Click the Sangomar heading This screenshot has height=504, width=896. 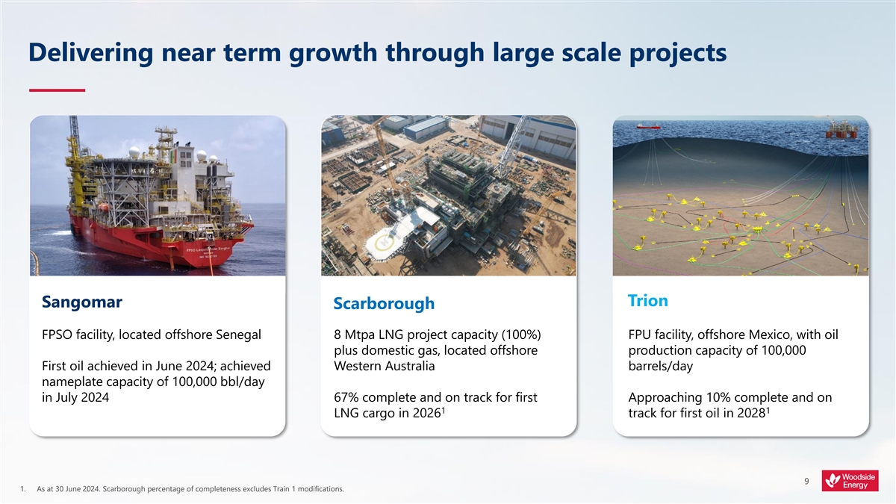(x=82, y=302)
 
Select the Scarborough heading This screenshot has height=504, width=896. (x=384, y=304)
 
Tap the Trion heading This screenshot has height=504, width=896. (x=648, y=300)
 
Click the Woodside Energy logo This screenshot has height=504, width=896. (x=850, y=480)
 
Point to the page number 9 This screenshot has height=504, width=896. (x=806, y=481)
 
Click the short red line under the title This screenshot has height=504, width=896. (x=57, y=90)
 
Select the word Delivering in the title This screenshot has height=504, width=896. (x=91, y=53)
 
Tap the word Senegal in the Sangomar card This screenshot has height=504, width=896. (x=238, y=335)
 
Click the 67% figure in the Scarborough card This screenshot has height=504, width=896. (x=346, y=397)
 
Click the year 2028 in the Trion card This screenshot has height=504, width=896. (x=751, y=413)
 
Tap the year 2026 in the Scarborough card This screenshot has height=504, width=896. (x=426, y=413)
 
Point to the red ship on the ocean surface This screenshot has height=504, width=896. (x=648, y=126)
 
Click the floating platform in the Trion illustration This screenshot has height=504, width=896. (x=841, y=128)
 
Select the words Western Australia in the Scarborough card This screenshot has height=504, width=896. (x=384, y=366)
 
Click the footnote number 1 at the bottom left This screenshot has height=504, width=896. (x=23, y=489)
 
